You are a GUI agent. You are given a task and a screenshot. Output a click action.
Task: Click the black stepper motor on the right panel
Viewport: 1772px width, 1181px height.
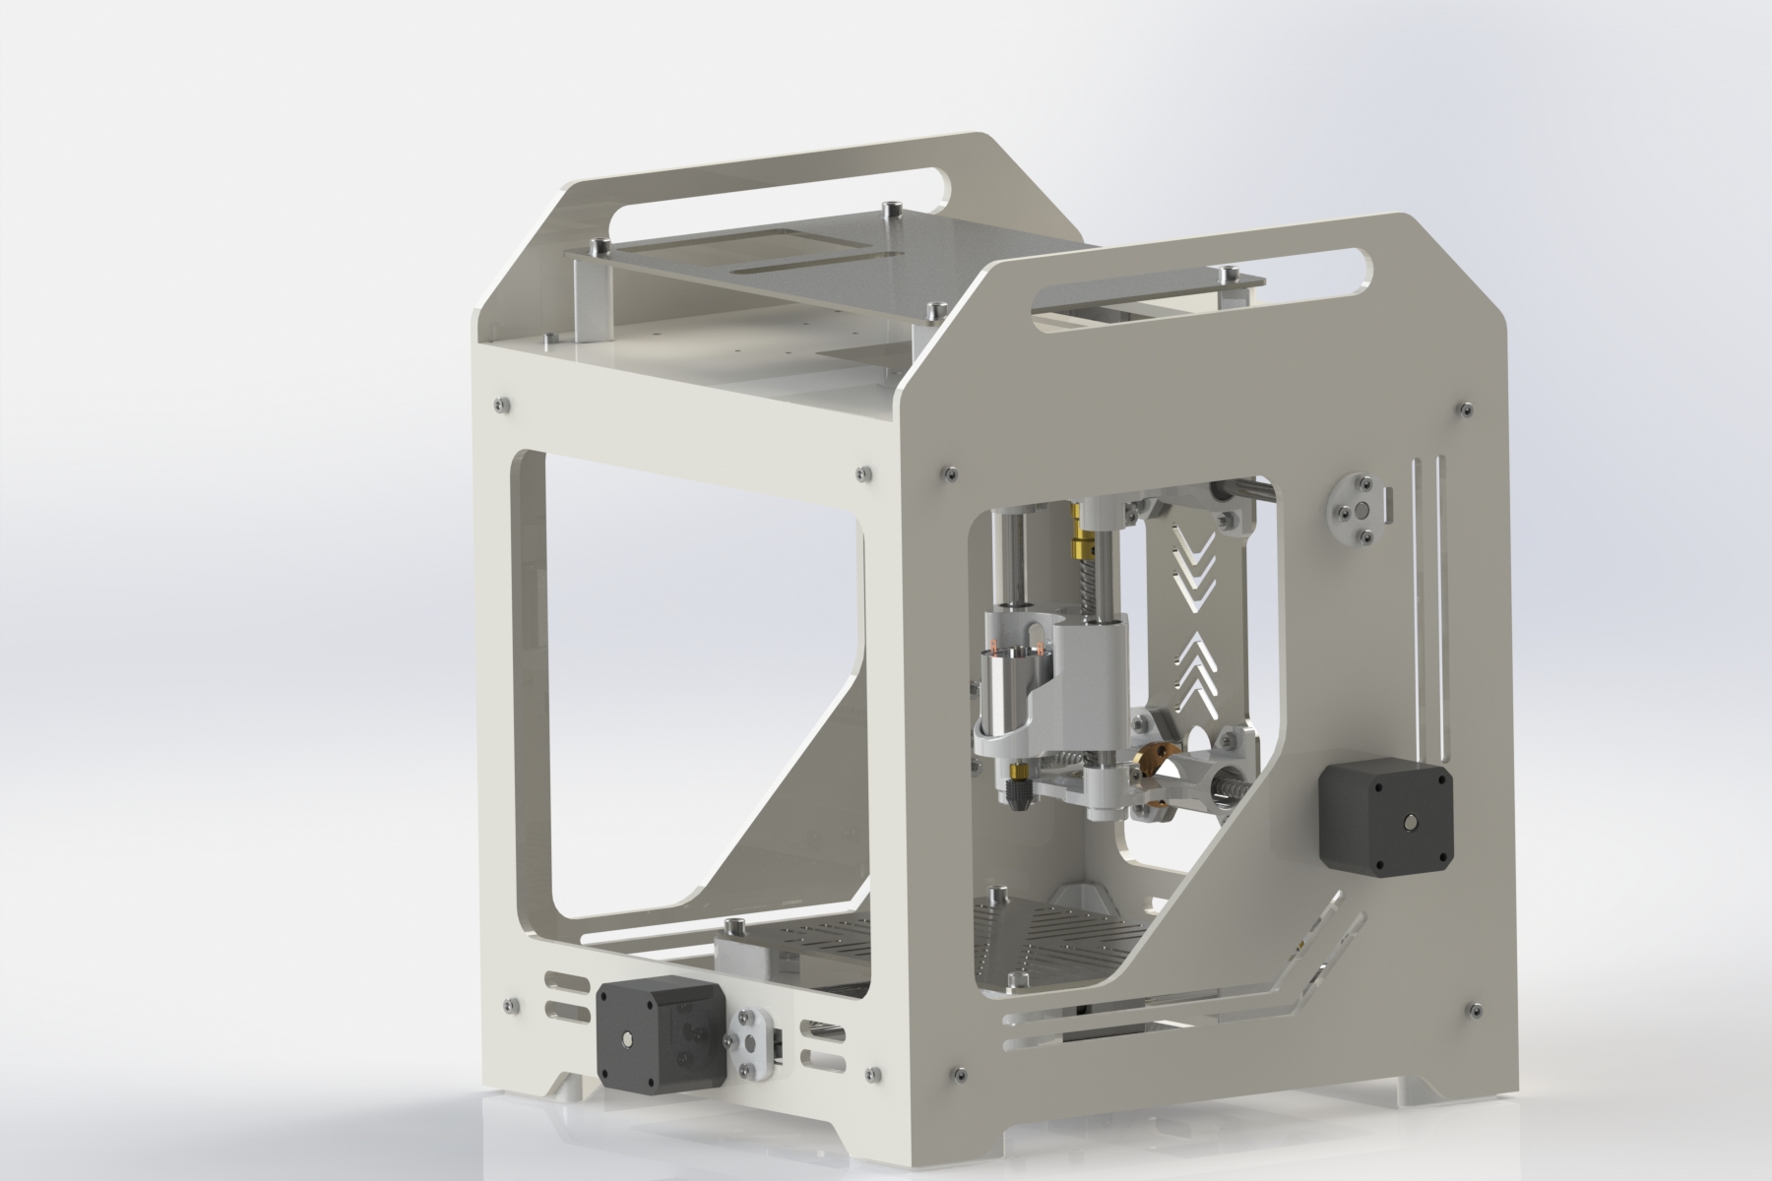(1384, 815)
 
